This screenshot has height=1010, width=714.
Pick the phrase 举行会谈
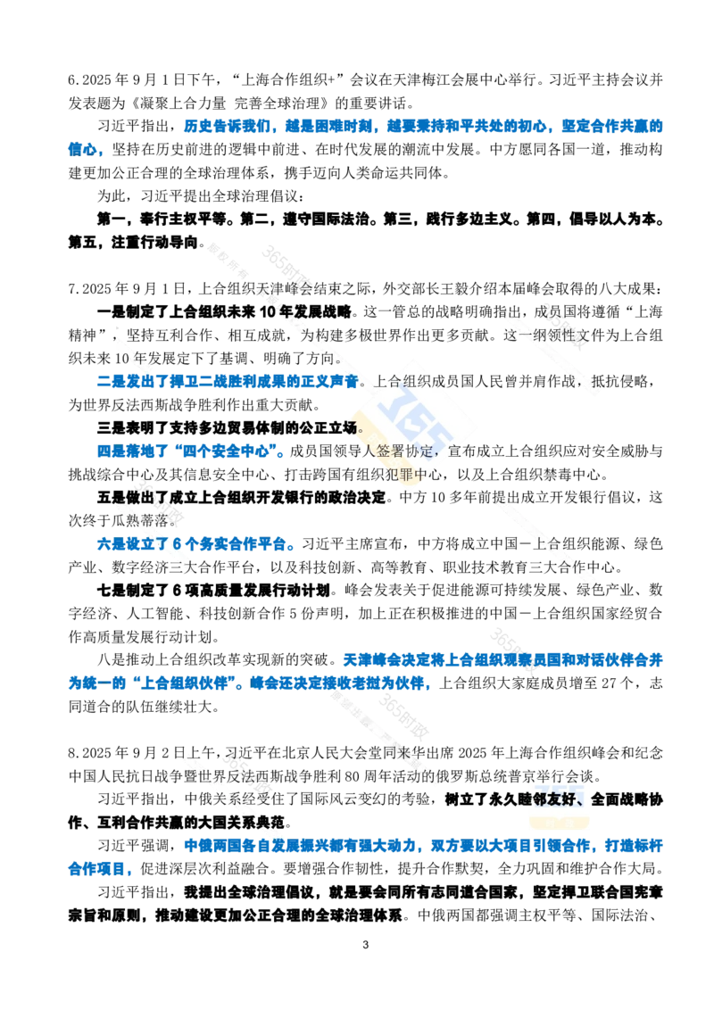tap(562, 775)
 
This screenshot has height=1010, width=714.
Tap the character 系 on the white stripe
tap(237, 800)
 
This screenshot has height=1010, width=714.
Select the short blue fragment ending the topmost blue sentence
tap(86, 148)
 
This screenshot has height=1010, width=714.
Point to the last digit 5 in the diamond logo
tap(437, 426)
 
